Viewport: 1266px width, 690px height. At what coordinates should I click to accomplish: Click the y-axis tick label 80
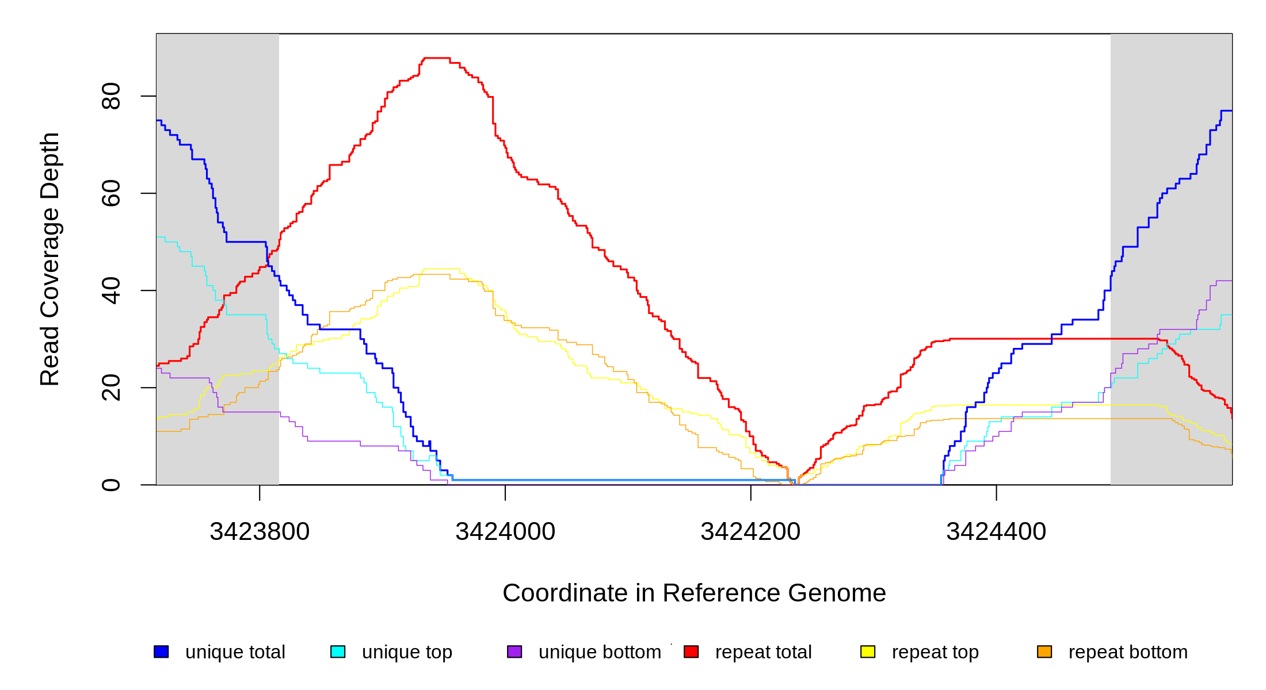point(110,96)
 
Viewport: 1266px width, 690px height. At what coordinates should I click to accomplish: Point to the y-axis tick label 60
point(110,193)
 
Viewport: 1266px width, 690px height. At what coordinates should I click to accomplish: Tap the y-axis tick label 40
point(110,290)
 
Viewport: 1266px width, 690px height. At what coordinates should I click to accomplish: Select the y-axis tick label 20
point(110,388)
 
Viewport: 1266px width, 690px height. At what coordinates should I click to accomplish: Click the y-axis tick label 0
point(110,485)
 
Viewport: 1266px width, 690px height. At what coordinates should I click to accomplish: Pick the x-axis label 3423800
point(260,531)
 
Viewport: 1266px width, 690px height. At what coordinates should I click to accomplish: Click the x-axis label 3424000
point(505,531)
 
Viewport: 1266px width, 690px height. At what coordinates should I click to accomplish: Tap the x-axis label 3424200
point(750,531)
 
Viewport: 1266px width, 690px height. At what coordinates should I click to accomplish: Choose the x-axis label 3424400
point(996,531)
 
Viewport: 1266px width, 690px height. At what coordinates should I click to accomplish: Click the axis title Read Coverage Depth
point(49,259)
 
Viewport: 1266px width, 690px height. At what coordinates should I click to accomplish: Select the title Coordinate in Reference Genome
point(694,593)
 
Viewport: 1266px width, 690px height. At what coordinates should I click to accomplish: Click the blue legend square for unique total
point(161,651)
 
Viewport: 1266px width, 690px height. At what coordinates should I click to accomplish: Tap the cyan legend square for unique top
point(338,651)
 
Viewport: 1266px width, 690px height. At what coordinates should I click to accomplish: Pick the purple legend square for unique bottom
point(514,651)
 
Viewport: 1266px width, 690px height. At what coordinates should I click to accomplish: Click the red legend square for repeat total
point(691,651)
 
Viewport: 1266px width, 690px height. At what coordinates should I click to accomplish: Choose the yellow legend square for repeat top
point(868,651)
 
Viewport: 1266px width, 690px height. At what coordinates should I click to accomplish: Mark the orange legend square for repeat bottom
point(1044,651)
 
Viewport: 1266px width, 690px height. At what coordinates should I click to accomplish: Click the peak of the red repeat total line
point(437,58)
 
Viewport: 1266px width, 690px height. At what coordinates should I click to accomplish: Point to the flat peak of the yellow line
point(442,269)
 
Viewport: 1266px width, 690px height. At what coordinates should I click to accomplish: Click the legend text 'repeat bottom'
point(1128,652)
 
